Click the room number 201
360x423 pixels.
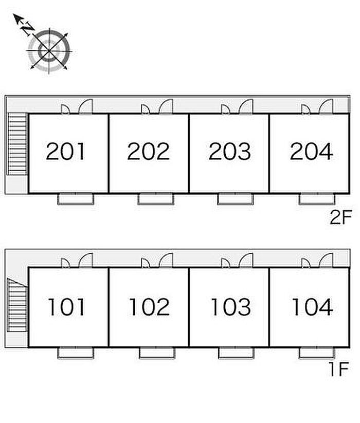tap(65, 151)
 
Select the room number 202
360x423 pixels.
tap(149, 151)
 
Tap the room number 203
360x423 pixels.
tap(230, 151)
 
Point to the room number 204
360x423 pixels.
tap(311, 151)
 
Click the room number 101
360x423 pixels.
tap(66, 307)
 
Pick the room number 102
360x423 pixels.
tap(150, 307)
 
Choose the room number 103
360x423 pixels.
tap(231, 307)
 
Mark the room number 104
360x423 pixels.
tap(313, 307)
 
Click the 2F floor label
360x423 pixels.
tap(341, 217)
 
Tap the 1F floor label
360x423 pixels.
tap(339, 369)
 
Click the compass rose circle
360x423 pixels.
tap(49, 51)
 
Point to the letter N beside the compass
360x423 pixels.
tap(28, 29)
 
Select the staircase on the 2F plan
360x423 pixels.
tap(17, 144)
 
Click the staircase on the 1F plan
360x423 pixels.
tap(17, 305)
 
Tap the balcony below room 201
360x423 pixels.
tap(76, 199)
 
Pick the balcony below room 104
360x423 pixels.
tap(317, 353)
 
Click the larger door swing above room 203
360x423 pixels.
tap(246, 106)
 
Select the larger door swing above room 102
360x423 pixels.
tap(166, 261)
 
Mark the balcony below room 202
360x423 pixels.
tap(156, 199)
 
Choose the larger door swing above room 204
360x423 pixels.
tap(326, 106)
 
